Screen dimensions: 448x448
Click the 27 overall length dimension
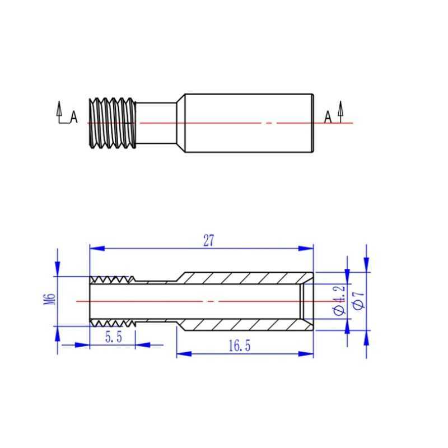coord(208,241)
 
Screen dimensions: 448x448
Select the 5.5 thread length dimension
coord(114,337)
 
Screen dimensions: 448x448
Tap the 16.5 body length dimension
coord(240,346)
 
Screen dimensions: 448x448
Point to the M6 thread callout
coord(49,298)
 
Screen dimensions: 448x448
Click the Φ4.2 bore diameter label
coord(339,300)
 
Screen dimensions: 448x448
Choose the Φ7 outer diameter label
coord(359,300)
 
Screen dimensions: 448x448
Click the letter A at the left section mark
coord(74,116)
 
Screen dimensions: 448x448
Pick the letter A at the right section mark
coord(328,117)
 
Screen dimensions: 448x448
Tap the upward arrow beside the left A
coord(59,109)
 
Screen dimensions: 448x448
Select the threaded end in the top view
coord(113,123)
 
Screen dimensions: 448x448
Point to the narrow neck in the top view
coord(156,123)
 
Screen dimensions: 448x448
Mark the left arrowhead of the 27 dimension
coord(96,248)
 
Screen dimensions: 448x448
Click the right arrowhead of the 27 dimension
coord(306,248)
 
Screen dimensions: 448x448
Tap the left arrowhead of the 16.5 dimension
coord(184,354)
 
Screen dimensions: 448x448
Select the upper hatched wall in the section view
coord(246,278)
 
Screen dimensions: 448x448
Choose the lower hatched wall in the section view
coord(246,325)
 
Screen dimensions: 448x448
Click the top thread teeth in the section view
coord(113,279)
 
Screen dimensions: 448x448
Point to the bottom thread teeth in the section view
coord(113,323)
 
